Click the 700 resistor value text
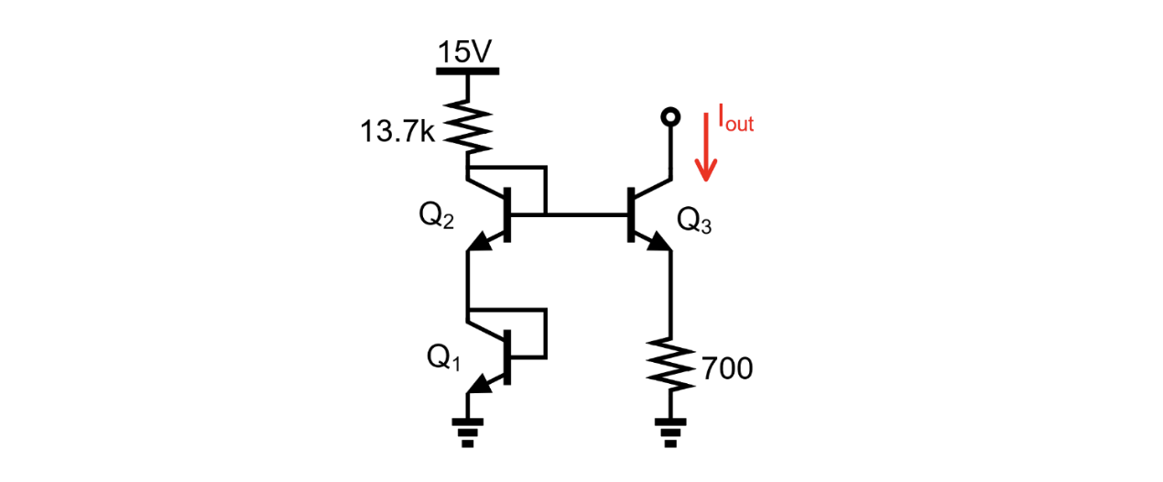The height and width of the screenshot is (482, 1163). tap(727, 369)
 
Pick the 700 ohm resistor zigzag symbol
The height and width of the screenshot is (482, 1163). tap(671, 365)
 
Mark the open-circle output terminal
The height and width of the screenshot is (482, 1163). tap(671, 116)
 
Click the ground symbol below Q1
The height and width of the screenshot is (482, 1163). tap(468, 432)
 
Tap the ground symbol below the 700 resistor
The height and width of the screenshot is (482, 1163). tap(671, 432)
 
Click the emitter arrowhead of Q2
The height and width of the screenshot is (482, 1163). tap(479, 243)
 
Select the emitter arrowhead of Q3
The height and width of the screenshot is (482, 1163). tap(659, 243)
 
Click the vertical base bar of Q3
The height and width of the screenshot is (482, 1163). tap(631, 214)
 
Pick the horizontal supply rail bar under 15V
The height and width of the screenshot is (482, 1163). tap(467, 71)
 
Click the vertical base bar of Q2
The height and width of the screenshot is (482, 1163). tap(508, 214)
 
